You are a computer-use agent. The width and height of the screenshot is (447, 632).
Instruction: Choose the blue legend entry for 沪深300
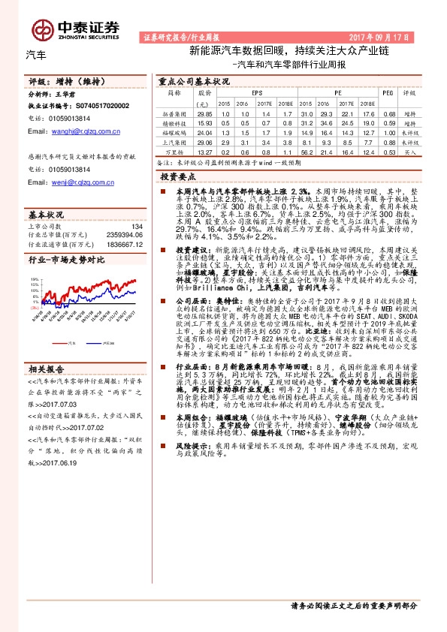[102, 341]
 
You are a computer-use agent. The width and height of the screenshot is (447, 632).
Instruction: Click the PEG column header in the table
[388, 94]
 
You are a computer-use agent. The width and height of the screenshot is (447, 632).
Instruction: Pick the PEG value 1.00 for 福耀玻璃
[388, 131]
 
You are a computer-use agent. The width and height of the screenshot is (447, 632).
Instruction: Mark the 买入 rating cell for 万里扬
[409, 150]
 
